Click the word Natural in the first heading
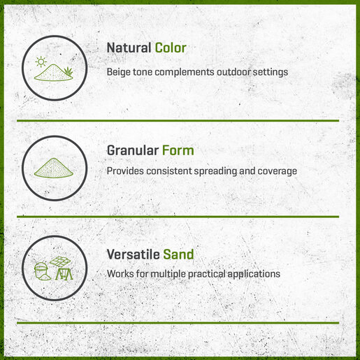pos(129,48)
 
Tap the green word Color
pos(171,48)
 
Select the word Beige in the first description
pos(119,73)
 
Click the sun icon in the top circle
pos(41,62)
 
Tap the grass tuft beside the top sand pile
pos(68,71)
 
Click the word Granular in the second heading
pos(133,150)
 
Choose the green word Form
pos(178,150)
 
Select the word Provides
pos(125,171)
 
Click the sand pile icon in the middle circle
pos(54,168)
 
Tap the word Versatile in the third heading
pos(133,254)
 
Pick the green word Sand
pos(178,254)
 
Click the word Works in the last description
pos(120,274)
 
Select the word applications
pos(254,274)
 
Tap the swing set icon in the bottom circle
pos(64,274)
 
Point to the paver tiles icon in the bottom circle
pos(60,261)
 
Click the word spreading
pos(215,171)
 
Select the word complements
pos(185,73)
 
